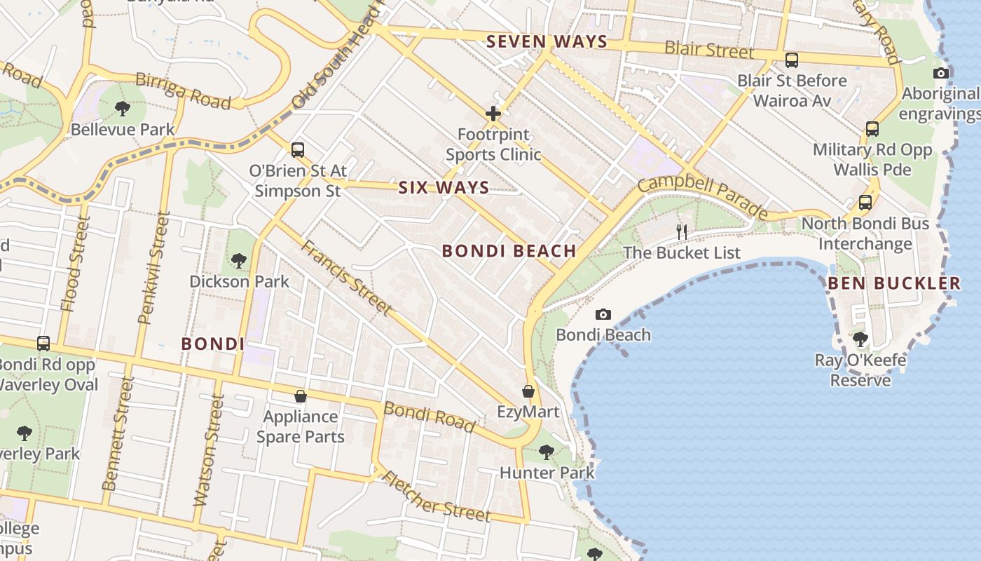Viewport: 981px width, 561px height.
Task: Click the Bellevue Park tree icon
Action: coord(123,109)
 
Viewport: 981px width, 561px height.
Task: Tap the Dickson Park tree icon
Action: coord(239,261)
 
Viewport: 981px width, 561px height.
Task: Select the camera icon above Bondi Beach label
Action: coord(603,314)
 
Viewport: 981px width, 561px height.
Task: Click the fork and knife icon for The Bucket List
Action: coord(681,231)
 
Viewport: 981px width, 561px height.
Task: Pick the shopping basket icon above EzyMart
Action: coord(528,391)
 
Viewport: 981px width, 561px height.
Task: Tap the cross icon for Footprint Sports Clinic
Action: coord(493,113)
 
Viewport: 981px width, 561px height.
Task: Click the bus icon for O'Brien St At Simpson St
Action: coord(298,149)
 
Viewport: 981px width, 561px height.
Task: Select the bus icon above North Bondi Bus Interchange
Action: coord(865,203)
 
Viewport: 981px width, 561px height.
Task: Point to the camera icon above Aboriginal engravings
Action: coord(941,73)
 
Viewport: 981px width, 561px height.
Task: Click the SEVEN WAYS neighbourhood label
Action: coord(547,41)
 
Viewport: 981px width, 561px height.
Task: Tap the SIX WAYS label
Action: coord(444,187)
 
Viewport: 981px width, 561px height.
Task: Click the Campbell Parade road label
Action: coord(703,196)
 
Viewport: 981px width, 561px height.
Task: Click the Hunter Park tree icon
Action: coord(547,452)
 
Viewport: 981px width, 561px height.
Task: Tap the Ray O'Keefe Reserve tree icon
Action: coord(860,339)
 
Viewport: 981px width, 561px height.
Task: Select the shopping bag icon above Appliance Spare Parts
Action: coord(301,396)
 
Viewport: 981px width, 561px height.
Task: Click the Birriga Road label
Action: coord(183,90)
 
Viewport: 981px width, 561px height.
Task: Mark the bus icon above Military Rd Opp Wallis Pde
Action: coord(872,129)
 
